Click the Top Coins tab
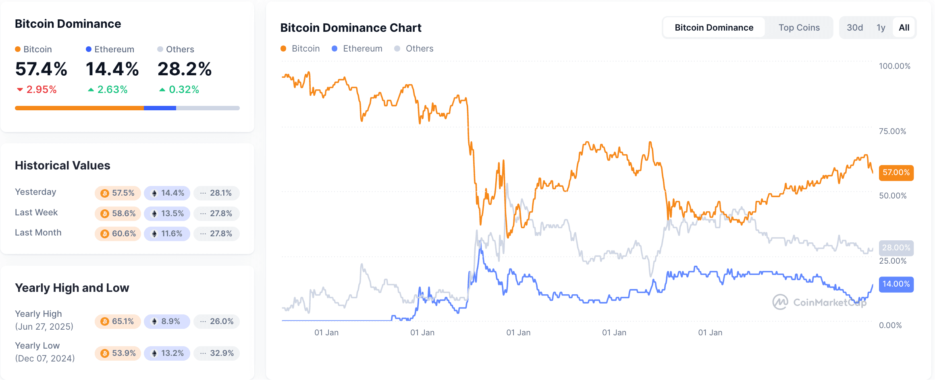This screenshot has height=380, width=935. pyautogui.click(x=799, y=27)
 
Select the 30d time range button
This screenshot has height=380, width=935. pyautogui.click(x=854, y=27)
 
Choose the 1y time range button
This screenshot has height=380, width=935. pyautogui.click(x=881, y=27)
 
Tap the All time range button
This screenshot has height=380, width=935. pyautogui.click(x=904, y=27)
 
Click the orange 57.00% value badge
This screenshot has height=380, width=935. pyautogui.click(x=896, y=173)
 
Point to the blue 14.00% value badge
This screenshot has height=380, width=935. pyautogui.click(x=896, y=284)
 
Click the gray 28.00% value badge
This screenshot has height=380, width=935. pyautogui.click(x=896, y=248)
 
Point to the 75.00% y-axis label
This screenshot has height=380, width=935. pyautogui.click(x=892, y=131)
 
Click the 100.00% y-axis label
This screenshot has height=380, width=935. pyautogui.click(x=894, y=66)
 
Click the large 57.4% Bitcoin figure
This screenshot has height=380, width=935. pyautogui.click(x=41, y=69)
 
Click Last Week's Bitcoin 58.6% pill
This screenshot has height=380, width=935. pyautogui.click(x=118, y=213)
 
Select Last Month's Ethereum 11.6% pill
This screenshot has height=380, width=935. pyautogui.click(x=167, y=233)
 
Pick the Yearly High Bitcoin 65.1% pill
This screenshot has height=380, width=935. pyautogui.click(x=118, y=321)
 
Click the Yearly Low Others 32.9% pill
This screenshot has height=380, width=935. pyautogui.click(x=217, y=353)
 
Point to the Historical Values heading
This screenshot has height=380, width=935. pyautogui.click(x=62, y=165)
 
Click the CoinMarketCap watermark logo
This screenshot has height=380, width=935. pyautogui.click(x=780, y=302)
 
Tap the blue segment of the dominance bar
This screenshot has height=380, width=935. pyautogui.click(x=160, y=108)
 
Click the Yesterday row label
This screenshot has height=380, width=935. pyautogui.click(x=35, y=192)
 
